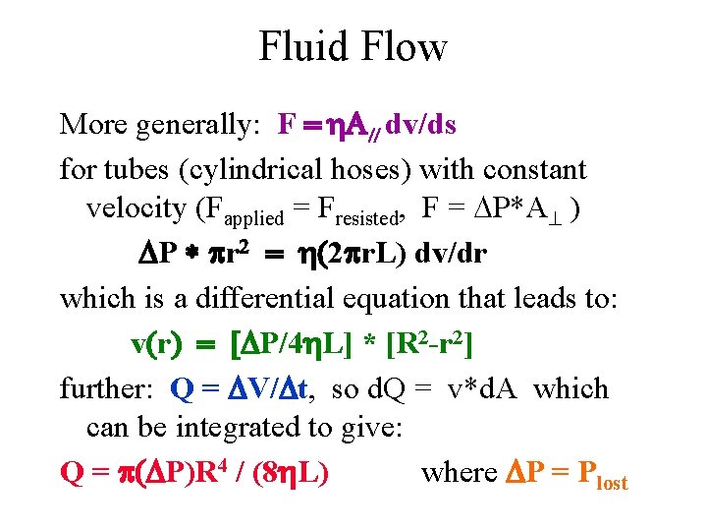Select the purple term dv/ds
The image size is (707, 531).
click(421, 125)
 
